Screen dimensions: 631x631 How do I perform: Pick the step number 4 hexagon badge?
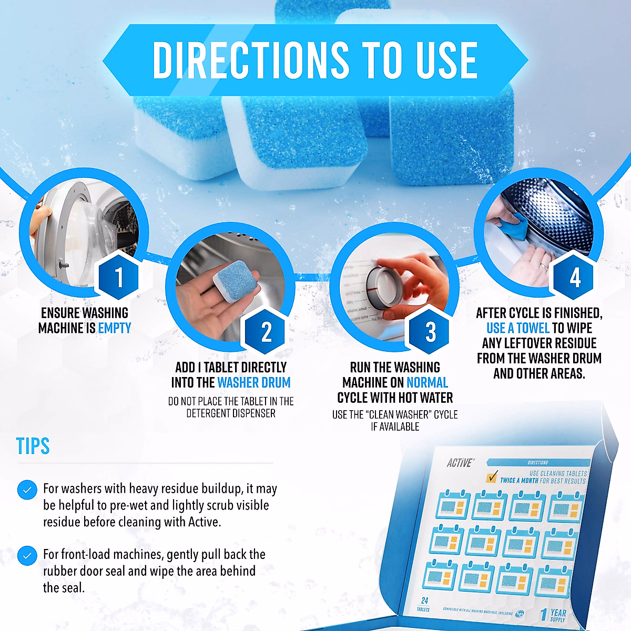(x=575, y=277)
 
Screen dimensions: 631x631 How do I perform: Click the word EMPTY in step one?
(x=115, y=328)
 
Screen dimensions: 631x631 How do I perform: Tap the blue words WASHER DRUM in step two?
(x=253, y=383)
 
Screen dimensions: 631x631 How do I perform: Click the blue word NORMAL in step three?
(x=427, y=383)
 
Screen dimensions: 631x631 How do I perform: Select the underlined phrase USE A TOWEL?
(x=517, y=328)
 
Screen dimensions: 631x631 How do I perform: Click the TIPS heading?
(x=33, y=446)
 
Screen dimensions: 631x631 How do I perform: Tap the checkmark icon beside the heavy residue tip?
(x=27, y=490)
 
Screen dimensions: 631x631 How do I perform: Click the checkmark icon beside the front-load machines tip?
(x=27, y=555)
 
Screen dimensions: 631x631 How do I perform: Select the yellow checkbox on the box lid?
(x=492, y=477)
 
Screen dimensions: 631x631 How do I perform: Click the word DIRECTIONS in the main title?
(x=250, y=60)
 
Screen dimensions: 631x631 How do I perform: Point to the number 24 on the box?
(x=424, y=600)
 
